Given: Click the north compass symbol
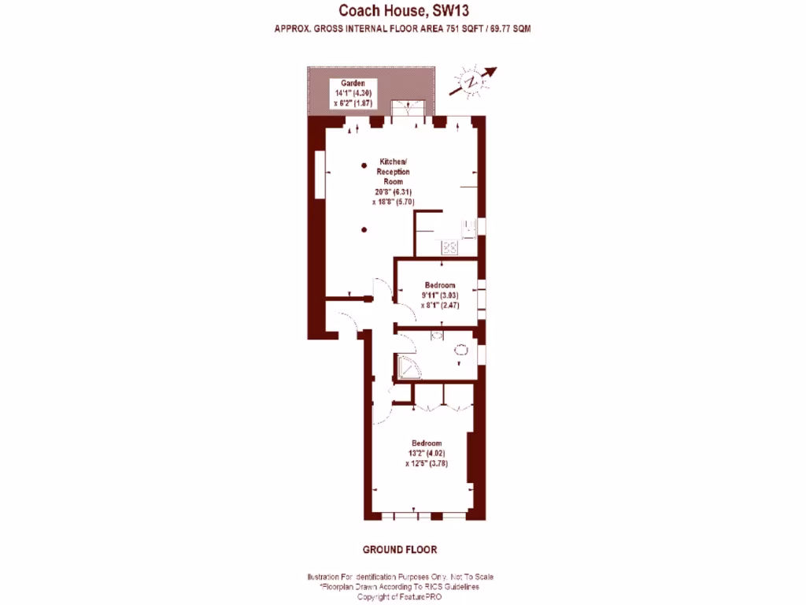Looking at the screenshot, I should [471, 81].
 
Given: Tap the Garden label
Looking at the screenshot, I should [353, 83].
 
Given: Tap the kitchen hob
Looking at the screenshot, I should [450, 247].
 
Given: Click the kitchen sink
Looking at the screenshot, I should [468, 228].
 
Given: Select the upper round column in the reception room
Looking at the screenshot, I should [364, 165].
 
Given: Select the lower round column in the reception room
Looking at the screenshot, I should [364, 229].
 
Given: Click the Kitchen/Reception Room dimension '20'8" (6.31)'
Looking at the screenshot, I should [392, 191].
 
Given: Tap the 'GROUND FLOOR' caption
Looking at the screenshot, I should [399, 549].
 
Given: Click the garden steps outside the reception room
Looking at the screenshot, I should [412, 109].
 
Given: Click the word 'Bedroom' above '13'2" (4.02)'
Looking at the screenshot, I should [425, 443].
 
